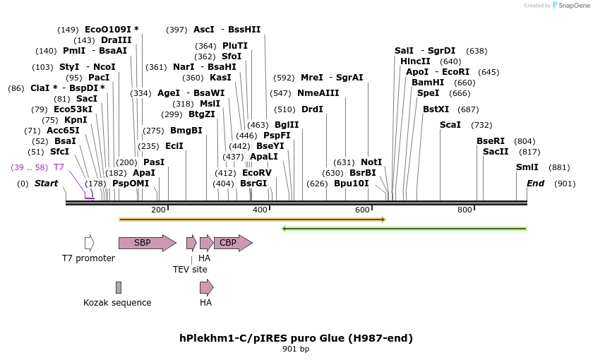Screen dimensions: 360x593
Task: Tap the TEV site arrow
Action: (191, 243)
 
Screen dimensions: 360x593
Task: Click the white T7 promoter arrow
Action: (89, 243)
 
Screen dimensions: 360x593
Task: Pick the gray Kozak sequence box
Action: (119, 287)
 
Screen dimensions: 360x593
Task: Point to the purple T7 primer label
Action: (59, 167)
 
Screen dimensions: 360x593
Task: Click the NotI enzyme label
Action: (371, 162)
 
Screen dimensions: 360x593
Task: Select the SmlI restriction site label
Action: (527, 167)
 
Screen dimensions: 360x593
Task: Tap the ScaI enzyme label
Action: (450, 125)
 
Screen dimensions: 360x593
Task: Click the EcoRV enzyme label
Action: (256, 172)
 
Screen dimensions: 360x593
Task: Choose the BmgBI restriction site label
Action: (186, 131)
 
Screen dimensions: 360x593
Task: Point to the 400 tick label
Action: (260, 210)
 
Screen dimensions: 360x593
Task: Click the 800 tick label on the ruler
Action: (465, 210)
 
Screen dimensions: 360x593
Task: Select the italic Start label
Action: (46, 184)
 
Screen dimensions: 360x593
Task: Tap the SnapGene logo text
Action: (570, 6)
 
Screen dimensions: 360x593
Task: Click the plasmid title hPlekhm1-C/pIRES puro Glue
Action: (296, 337)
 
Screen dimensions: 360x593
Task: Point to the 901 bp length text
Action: (296, 349)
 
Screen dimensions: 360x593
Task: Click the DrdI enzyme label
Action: (312, 109)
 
